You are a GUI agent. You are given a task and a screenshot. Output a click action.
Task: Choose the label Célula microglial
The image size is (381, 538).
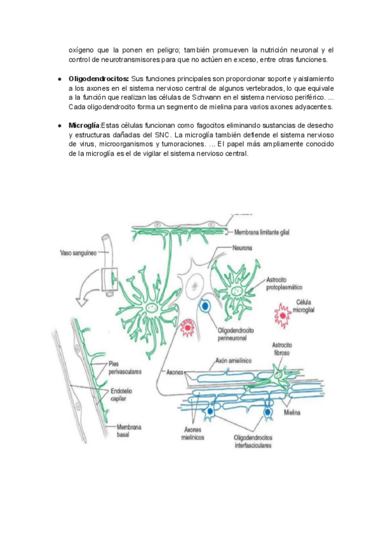point(310,306)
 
